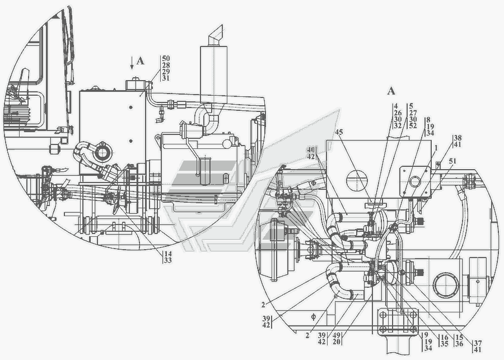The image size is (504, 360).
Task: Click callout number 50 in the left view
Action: (x=166, y=58)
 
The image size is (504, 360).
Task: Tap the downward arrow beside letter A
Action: (x=132, y=63)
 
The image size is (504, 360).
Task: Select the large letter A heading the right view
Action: (x=391, y=91)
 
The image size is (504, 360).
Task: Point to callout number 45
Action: (x=339, y=132)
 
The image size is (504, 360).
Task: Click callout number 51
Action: (x=452, y=161)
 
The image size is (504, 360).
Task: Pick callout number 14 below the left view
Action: (x=168, y=254)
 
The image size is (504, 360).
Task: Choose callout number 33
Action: (x=168, y=260)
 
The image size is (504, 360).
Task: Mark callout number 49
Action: (x=337, y=335)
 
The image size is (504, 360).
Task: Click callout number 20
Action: (x=337, y=342)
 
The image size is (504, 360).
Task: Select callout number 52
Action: (x=413, y=125)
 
